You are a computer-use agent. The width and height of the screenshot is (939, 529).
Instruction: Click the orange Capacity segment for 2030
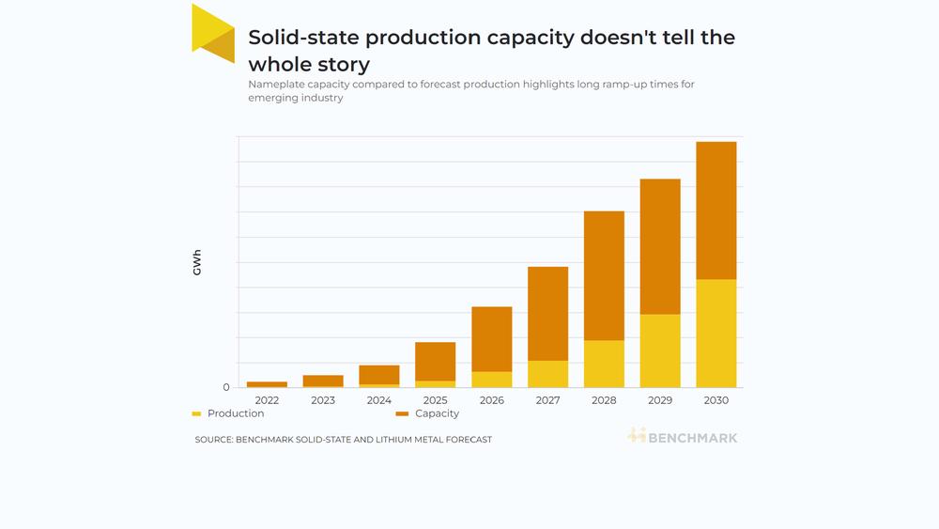coord(716,210)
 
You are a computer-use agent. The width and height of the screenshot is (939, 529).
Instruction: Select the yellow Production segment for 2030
coord(716,334)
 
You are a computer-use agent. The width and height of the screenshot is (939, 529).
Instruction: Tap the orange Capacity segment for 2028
coord(604,275)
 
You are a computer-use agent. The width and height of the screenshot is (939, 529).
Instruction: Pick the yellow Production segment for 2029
coord(660,351)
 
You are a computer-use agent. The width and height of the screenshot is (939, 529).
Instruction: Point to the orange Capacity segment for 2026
coord(492,339)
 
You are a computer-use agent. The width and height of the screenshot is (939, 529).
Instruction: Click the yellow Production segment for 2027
coord(548,374)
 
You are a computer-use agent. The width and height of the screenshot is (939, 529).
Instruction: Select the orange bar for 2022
coord(267,384)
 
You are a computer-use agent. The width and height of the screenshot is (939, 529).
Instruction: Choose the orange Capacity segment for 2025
coord(436,361)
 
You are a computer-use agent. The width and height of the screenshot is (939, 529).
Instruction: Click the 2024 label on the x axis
coord(379,400)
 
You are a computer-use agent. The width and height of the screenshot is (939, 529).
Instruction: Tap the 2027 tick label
coord(548,400)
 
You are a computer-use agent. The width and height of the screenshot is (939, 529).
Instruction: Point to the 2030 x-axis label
coord(716,400)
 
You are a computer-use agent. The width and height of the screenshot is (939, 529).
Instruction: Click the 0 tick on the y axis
coord(225,388)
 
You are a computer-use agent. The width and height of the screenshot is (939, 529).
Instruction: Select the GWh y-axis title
coord(197,262)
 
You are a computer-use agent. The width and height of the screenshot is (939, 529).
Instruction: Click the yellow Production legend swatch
coord(196,414)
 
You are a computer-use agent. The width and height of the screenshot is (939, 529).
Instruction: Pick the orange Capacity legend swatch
coord(402,414)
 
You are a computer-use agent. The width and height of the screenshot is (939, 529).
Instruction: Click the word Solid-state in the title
coord(303,38)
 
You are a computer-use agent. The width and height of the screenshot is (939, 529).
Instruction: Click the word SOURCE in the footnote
coord(213,440)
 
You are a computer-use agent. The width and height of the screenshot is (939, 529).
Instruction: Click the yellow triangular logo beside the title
coord(212,34)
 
